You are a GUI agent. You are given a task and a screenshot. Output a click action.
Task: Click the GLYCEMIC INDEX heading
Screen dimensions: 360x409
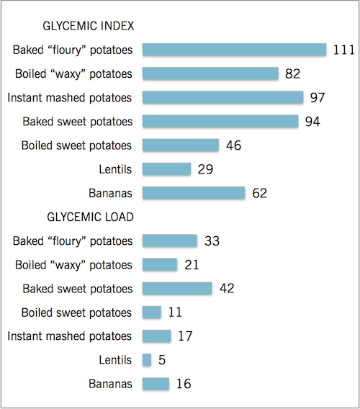[x=89, y=26]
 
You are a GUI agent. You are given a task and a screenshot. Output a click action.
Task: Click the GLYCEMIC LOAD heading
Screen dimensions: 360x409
[x=90, y=217]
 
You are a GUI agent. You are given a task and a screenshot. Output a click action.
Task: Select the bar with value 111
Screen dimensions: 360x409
[x=234, y=50]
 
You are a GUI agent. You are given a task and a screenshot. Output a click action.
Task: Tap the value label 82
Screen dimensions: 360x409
[x=292, y=74]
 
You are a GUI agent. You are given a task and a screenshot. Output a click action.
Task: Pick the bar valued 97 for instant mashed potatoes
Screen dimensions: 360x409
[x=223, y=97]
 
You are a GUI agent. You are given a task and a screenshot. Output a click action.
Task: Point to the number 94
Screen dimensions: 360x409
[x=312, y=122]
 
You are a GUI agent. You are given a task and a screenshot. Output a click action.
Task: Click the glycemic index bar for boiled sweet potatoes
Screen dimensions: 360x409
[x=181, y=145]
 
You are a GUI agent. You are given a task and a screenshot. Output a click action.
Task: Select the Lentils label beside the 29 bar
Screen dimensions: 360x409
[x=115, y=169]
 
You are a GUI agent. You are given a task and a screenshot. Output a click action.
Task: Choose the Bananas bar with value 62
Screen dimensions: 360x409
[x=194, y=193]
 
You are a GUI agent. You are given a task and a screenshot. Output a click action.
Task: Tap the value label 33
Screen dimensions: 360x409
[x=212, y=241]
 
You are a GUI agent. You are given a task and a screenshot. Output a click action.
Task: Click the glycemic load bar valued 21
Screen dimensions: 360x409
[x=160, y=264]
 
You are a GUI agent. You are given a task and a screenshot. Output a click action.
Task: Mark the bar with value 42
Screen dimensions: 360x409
[x=177, y=288]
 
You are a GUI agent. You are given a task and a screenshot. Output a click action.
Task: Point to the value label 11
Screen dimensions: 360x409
[x=175, y=313]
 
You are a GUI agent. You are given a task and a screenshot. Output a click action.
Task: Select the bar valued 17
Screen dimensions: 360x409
[x=157, y=336]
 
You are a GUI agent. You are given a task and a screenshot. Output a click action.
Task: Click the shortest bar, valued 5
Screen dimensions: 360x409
[x=147, y=360]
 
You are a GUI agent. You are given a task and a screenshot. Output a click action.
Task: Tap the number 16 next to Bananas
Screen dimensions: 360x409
[x=184, y=384]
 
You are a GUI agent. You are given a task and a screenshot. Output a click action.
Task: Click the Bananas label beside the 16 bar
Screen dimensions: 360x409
[x=110, y=384]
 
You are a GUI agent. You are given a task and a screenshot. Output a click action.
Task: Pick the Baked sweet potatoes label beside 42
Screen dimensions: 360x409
[x=78, y=289]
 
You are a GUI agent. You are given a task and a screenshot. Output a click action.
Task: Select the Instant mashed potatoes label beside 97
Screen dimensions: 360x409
[x=70, y=97]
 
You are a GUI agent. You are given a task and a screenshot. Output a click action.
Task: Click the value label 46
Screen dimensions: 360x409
[x=234, y=145]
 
